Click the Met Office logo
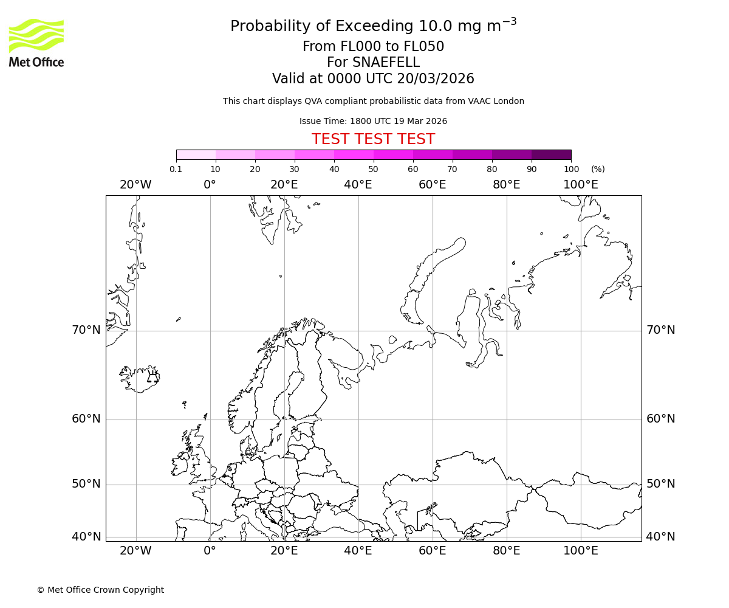(36, 43)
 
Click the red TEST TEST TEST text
(373, 139)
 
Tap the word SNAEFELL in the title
(373, 63)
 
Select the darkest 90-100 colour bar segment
(551, 154)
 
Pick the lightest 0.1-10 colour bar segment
(196, 154)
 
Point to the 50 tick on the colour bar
(373, 169)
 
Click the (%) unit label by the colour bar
(598, 169)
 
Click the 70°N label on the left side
(86, 330)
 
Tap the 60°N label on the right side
(660, 419)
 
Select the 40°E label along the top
(358, 185)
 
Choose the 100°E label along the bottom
(580, 551)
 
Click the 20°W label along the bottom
(135, 551)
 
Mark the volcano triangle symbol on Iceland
(152, 378)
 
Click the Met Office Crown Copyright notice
(100, 590)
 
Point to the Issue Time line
(373, 121)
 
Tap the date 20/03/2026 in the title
(436, 79)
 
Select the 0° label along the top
(210, 185)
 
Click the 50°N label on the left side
(86, 484)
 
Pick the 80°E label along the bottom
(506, 551)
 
